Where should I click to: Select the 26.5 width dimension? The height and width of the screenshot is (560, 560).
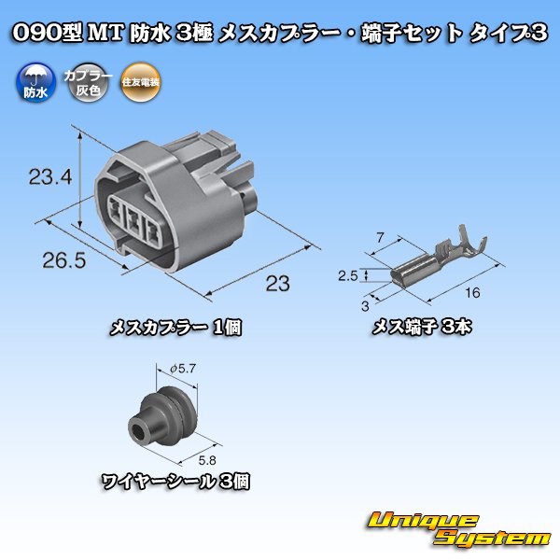64,260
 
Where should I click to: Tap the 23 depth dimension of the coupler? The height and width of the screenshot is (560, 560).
275,282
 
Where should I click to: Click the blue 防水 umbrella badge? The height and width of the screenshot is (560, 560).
35,84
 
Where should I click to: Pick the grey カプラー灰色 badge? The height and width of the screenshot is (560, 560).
80,84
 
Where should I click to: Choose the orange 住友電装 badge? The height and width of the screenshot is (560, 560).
139,84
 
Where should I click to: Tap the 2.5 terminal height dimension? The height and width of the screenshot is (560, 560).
348,276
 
